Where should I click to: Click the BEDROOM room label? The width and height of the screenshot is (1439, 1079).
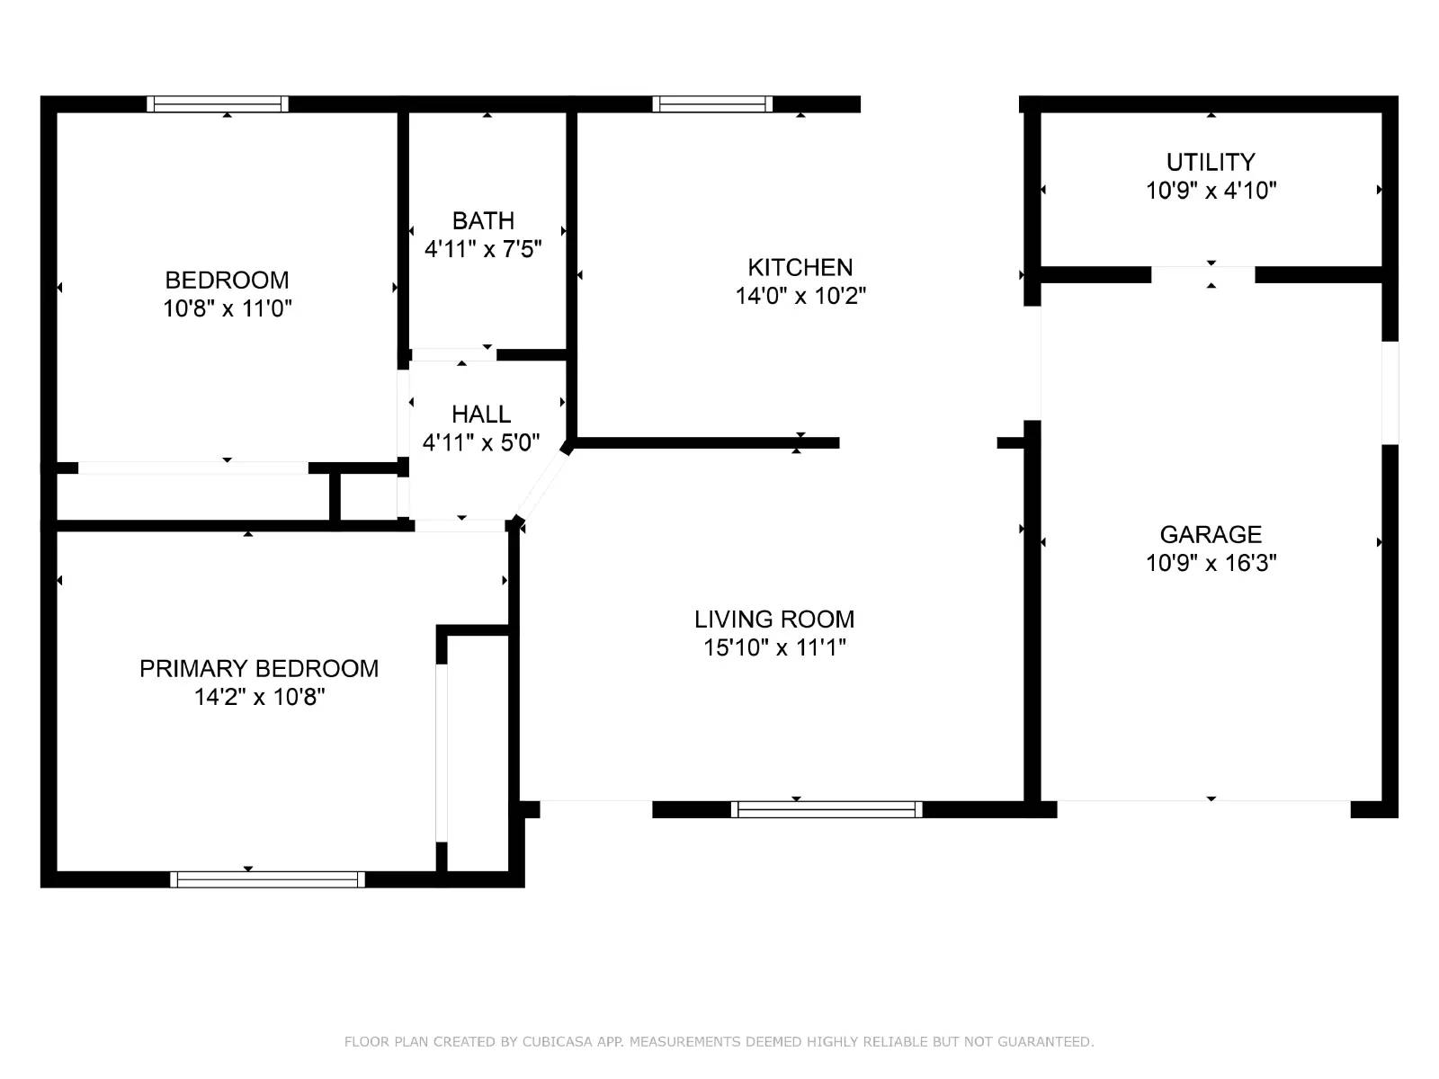227,280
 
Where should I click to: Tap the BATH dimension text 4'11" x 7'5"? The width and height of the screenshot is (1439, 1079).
483,249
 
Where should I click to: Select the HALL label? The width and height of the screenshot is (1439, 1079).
481,414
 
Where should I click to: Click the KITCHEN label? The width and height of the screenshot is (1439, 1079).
800,267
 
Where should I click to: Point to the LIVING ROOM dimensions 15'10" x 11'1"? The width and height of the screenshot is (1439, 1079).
774,647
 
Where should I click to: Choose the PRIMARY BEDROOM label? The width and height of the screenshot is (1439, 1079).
259,668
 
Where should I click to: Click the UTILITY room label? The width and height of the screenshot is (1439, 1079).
1211,162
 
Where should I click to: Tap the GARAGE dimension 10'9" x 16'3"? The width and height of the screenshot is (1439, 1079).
1211,563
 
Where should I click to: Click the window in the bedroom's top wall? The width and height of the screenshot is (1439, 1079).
218,104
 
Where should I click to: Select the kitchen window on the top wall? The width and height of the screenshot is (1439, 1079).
712,104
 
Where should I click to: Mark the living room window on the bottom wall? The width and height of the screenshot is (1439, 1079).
827,809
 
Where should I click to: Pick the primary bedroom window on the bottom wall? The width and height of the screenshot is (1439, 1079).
267,879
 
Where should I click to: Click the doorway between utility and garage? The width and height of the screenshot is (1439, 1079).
1203,274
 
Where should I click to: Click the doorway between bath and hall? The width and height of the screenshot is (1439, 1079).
453,354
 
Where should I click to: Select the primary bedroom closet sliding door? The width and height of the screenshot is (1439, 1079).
442,753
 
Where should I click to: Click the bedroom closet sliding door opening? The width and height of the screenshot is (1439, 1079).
193,468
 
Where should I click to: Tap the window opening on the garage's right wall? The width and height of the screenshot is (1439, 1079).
1390,392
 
